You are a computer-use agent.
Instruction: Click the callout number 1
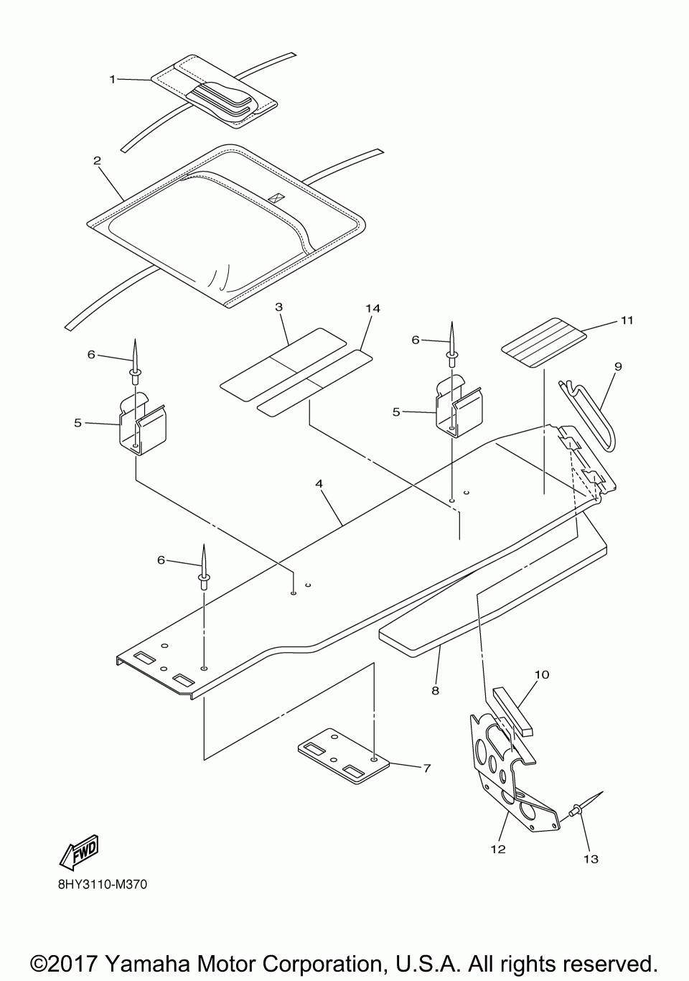[112, 79]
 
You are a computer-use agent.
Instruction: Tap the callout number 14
[372, 308]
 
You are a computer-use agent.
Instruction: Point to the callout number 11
[627, 320]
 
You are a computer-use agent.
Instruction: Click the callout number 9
[618, 366]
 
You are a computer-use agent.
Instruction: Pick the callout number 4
[319, 484]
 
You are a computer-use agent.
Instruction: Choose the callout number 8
[435, 691]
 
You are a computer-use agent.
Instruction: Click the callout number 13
[591, 859]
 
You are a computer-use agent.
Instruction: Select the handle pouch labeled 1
[215, 92]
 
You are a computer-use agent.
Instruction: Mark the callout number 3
[278, 307]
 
